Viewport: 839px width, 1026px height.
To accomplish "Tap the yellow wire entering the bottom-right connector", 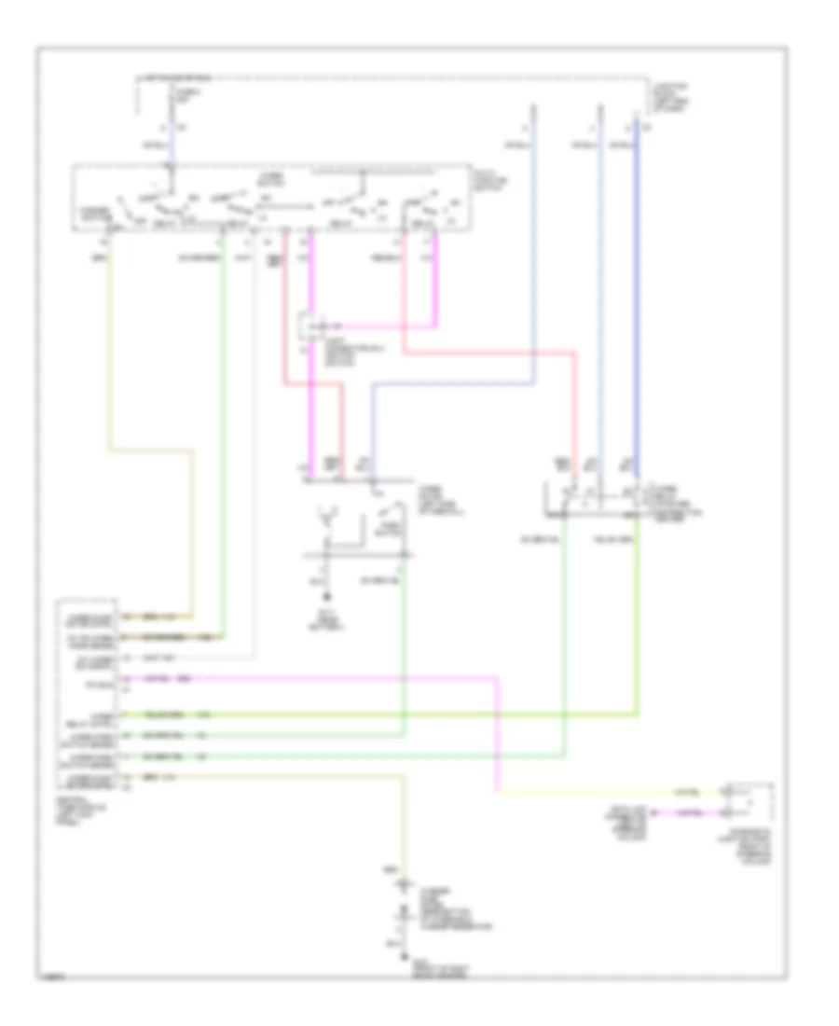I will pyautogui.click(x=606, y=793).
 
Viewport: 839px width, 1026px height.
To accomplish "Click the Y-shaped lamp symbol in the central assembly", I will pyautogui.click(x=327, y=514).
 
